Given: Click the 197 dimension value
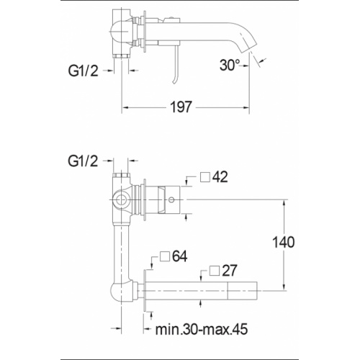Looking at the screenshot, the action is click(181, 107).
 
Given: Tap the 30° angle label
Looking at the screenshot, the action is click(230, 65).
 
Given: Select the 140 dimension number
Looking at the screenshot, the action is click(284, 242).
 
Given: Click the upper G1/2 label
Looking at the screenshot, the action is click(84, 71).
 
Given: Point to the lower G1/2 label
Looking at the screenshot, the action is click(83, 161).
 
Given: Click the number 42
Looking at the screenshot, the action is click(220, 177).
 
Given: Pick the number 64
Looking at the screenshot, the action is click(180, 256).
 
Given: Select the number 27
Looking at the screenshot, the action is click(229, 271).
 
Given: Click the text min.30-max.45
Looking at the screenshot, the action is click(202, 329).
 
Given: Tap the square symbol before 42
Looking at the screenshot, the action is click(205, 177).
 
